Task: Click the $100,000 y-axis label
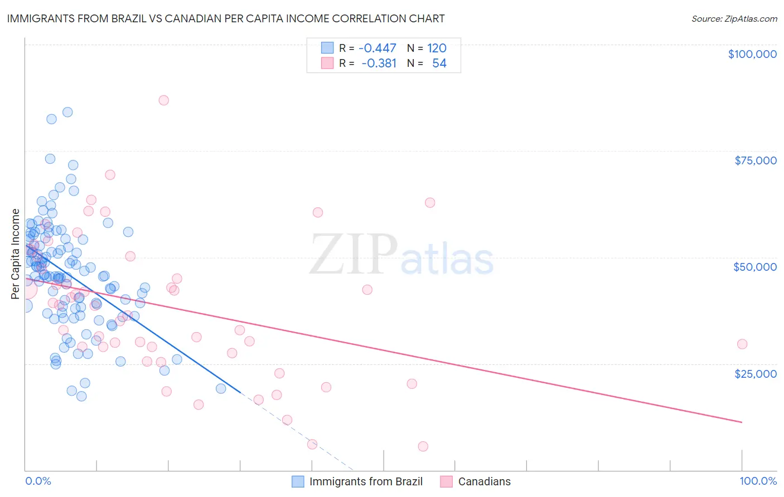pyautogui.click(x=752, y=54)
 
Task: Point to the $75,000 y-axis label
pyautogui.click(x=755, y=160)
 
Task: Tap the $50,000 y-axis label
pyautogui.click(x=754, y=267)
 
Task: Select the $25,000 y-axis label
pyautogui.click(x=755, y=373)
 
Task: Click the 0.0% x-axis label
pyautogui.click(x=38, y=481)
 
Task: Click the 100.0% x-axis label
pyautogui.click(x=758, y=481)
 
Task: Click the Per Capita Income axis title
pyautogui.click(x=16, y=254)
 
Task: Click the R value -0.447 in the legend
pyautogui.click(x=377, y=48)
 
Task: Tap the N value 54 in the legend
pyautogui.click(x=439, y=64)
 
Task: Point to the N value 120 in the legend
pyautogui.click(x=437, y=48)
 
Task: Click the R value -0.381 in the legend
pyautogui.click(x=379, y=64)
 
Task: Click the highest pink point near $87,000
pyautogui.click(x=163, y=100)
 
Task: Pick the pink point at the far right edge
pyautogui.click(x=742, y=344)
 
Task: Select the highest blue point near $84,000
pyautogui.click(x=67, y=112)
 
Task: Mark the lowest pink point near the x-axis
pyautogui.click(x=423, y=446)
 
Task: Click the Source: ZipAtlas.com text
pyautogui.click(x=734, y=19)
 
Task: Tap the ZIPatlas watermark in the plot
pyautogui.click(x=401, y=255)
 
